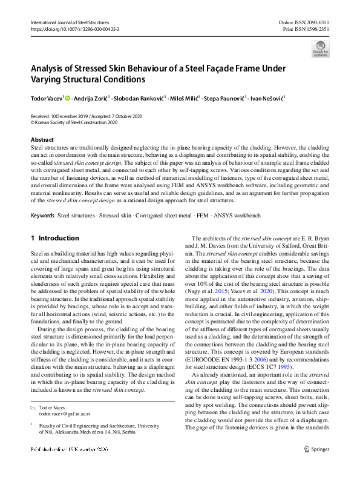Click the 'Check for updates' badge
(320, 48)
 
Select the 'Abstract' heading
(42, 140)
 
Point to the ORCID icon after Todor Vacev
(67, 97)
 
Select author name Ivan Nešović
(269, 97)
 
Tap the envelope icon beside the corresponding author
(33, 409)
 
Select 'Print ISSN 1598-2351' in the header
(306, 28)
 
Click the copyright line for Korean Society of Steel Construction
(75, 121)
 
